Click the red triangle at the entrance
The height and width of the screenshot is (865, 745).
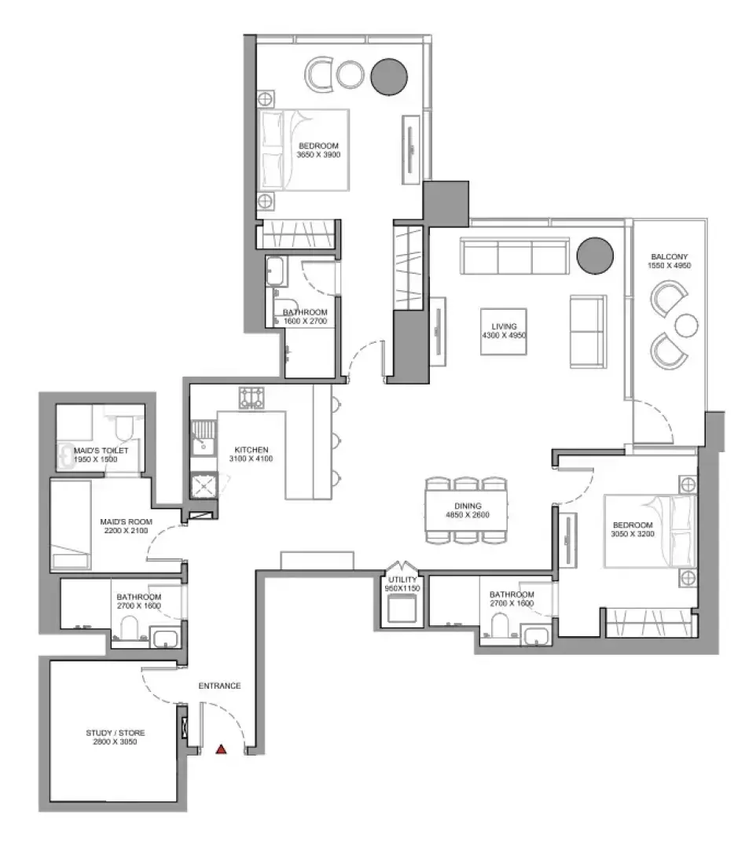(x=221, y=749)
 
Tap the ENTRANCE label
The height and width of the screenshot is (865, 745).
(x=219, y=686)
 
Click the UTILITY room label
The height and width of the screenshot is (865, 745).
(x=402, y=580)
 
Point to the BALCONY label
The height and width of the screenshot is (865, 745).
(x=670, y=256)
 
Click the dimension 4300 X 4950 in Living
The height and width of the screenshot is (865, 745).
(x=504, y=336)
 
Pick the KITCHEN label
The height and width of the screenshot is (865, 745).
(x=251, y=450)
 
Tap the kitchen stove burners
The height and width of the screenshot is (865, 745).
(x=251, y=397)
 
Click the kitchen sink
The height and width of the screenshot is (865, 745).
(x=203, y=438)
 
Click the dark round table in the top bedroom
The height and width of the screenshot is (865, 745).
(x=389, y=77)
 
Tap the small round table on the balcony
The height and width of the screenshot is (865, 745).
(x=687, y=326)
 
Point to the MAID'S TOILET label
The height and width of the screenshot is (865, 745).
(x=101, y=451)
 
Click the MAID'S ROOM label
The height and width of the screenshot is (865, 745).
(x=127, y=522)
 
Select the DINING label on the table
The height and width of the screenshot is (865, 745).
(x=468, y=506)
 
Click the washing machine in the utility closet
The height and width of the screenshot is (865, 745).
(x=402, y=609)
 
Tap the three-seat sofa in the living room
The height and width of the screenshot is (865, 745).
(x=515, y=256)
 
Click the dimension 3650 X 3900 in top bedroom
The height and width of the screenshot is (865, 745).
(x=319, y=155)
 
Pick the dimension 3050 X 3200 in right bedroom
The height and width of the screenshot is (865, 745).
(x=633, y=534)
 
